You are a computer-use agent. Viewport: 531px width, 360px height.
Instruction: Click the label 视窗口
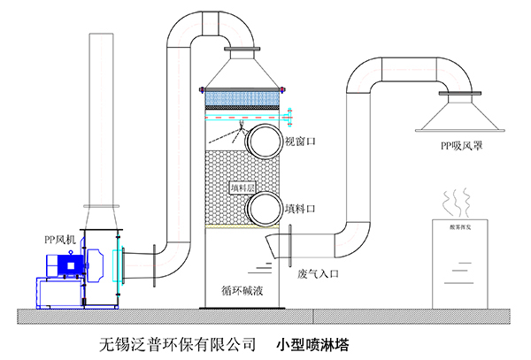click(299, 142)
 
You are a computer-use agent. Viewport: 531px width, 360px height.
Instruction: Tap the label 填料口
click(299, 211)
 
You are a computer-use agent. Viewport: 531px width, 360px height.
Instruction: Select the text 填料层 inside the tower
click(241, 188)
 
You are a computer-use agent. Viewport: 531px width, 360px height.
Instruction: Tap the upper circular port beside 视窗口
click(263, 140)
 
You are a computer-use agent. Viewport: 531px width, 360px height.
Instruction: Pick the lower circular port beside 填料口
click(263, 209)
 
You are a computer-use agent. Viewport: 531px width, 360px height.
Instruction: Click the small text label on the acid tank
click(457, 227)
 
